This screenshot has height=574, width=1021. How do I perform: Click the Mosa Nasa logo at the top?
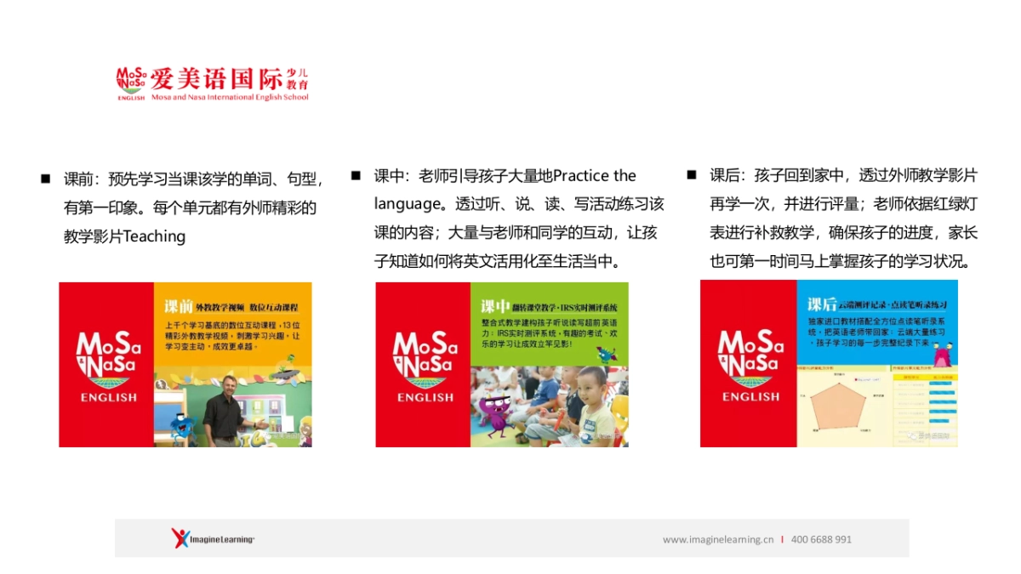coord(131,82)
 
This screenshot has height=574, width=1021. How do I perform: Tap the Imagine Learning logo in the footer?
coord(213,538)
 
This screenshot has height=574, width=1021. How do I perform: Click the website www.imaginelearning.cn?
coord(718,539)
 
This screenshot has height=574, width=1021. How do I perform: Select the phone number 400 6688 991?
coord(821,539)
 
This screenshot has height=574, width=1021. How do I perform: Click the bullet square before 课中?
coord(356,175)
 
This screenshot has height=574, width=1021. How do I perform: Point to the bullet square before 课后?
coord(692,175)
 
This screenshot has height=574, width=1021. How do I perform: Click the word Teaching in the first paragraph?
coord(155,236)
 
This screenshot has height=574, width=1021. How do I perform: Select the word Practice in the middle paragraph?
coord(582,176)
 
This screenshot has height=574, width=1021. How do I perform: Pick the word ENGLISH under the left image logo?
coord(108,397)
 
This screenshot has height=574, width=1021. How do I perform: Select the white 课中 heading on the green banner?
coord(495,306)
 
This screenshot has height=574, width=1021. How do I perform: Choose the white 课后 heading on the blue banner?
coord(822,304)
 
